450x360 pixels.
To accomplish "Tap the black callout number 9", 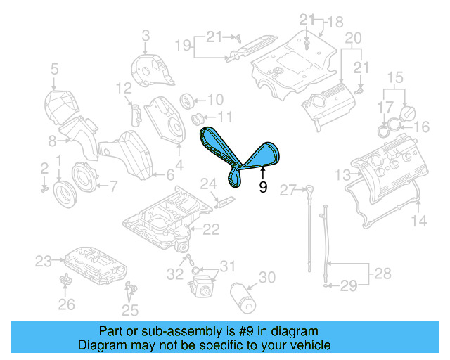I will (263, 187).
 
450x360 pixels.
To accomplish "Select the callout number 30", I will (266, 278).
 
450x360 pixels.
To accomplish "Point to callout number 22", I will (211, 229).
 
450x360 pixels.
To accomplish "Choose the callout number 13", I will (342, 174).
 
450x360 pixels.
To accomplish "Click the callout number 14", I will (418, 221).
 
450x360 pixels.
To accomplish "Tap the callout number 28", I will (381, 272).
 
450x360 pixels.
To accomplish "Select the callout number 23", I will (44, 262).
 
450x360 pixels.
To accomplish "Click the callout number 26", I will (66, 304).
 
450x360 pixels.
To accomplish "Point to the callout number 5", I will (54, 69).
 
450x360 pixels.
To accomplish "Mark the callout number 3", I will (146, 35).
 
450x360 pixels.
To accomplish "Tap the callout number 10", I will (214, 99).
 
